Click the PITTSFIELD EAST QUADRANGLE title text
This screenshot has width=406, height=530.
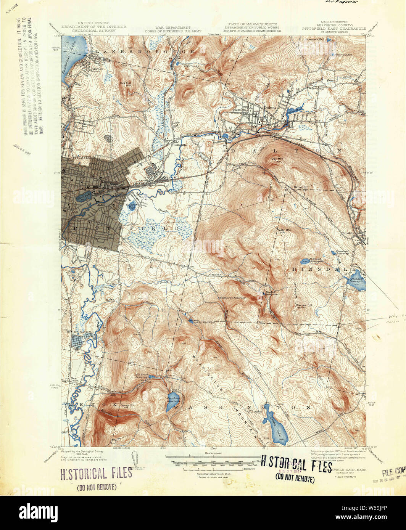(334, 28)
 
